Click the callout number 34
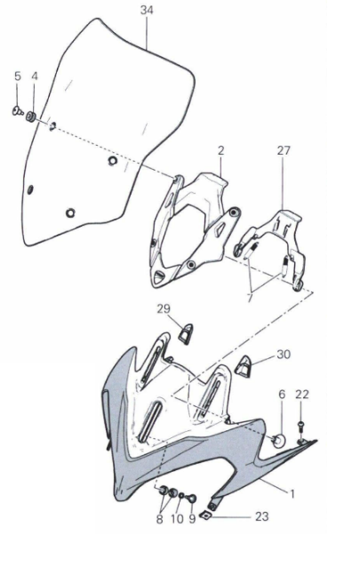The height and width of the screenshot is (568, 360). click(147, 10)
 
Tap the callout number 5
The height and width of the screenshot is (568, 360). click(18, 76)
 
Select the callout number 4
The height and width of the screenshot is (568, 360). click(35, 76)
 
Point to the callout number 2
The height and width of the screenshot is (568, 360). click(221, 150)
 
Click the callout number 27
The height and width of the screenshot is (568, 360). click(284, 150)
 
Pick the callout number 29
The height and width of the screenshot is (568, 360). click(164, 308)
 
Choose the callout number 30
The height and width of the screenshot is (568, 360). click(284, 354)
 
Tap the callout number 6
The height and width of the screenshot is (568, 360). click(282, 394)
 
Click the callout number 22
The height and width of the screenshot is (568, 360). click(302, 394)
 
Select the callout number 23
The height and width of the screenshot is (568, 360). click(262, 516)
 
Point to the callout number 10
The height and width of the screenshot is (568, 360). click(177, 519)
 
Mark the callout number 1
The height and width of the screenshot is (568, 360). click(292, 493)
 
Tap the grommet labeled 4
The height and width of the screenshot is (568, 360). click(31, 117)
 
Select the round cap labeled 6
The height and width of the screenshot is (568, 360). click(279, 441)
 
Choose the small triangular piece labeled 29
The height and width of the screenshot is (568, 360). click(186, 333)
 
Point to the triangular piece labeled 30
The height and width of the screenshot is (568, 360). click(244, 366)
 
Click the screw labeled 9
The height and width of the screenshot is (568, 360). click(192, 500)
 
